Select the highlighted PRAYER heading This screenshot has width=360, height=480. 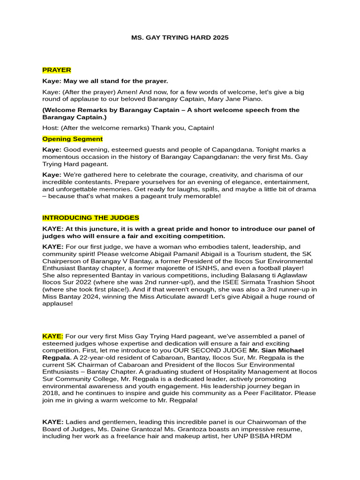pos(57,70)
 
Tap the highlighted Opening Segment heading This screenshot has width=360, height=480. pos(73,139)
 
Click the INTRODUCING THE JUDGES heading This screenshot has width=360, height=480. pos(90,218)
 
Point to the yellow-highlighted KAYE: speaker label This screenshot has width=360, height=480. pos(52,336)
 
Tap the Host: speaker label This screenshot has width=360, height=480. pos(50,128)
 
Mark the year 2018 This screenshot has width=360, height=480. pos(51,393)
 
